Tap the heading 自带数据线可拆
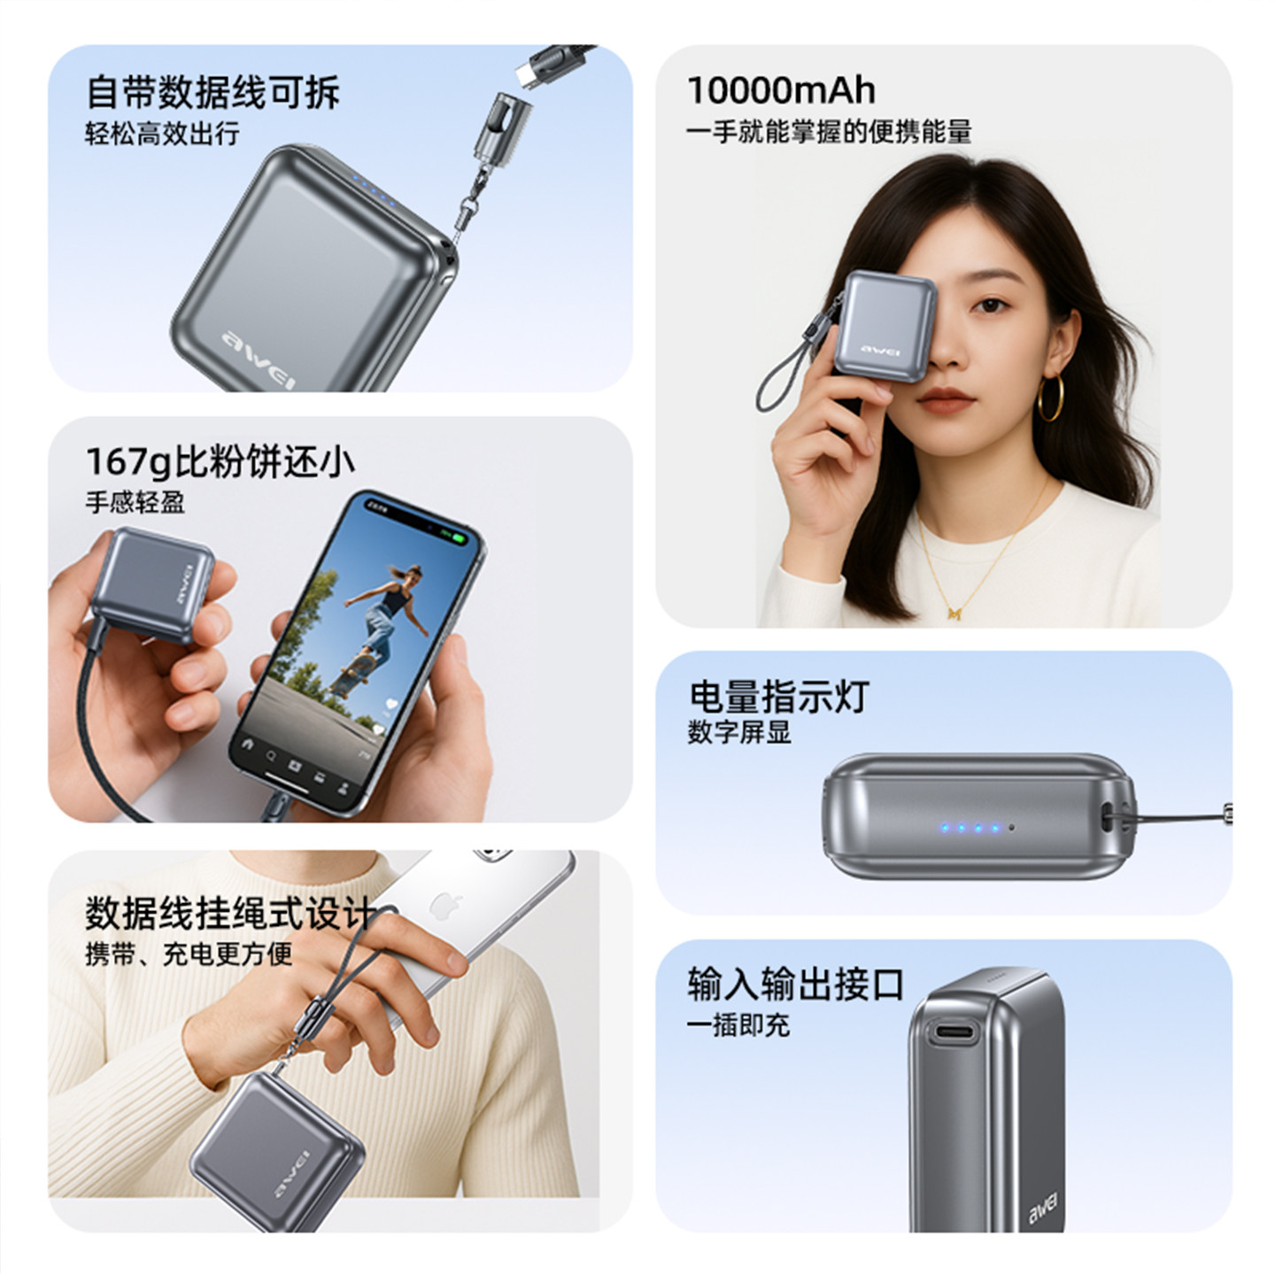(212, 92)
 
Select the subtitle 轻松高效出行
(162, 134)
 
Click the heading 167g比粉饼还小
(220, 461)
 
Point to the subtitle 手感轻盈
(135, 503)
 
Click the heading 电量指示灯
(779, 697)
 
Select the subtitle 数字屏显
(738, 732)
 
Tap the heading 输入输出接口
(795, 984)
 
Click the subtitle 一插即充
(738, 1025)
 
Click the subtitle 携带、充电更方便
(188, 954)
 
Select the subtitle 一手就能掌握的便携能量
(828, 132)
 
